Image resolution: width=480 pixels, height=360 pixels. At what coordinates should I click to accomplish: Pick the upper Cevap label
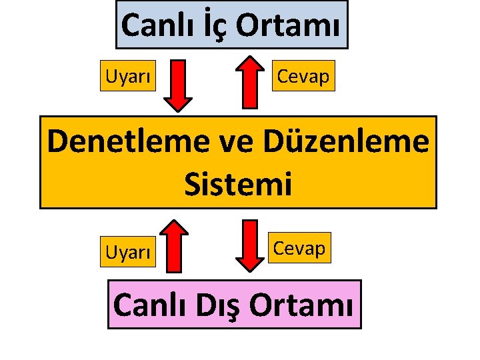pyautogui.click(x=303, y=77)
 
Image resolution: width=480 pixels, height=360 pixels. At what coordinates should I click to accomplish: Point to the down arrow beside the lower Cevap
pyautogui.click(x=249, y=245)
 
